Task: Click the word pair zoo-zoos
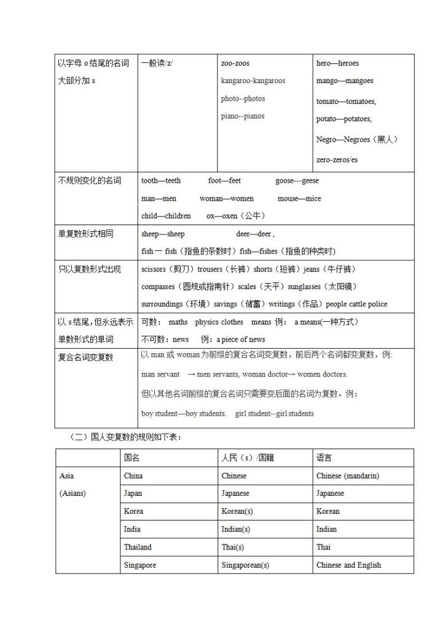point(235,63)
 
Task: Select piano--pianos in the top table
point(243,116)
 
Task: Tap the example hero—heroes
point(337,63)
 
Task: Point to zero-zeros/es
point(337,159)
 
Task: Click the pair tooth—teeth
point(161,181)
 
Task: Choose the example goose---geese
point(297,181)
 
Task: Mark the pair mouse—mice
point(299,199)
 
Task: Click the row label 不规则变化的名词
point(90,181)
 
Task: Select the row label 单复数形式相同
point(85,234)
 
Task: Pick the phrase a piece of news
point(240,340)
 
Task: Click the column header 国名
point(132,458)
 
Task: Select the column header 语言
point(325,458)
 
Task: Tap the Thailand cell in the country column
point(138,547)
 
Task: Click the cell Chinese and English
point(349,565)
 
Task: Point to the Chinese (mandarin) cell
point(347,476)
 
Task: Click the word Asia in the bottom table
point(66,476)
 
